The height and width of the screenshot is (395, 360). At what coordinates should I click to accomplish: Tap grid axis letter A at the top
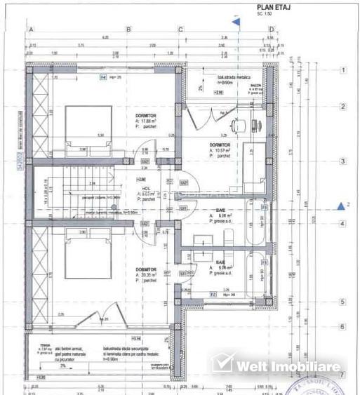[32, 29]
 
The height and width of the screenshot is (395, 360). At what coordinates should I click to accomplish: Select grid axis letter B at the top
[128, 29]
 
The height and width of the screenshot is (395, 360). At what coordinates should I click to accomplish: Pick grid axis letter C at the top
[181, 29]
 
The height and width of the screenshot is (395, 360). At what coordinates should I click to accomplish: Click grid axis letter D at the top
[272, 29]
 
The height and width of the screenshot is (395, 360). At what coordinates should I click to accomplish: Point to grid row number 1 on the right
[342, 71]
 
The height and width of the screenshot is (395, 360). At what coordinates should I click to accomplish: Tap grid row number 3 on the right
[342, 161]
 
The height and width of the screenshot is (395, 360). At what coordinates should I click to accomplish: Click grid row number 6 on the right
[342, 326]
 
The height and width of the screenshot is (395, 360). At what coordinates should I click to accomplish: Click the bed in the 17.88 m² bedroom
[88, 128]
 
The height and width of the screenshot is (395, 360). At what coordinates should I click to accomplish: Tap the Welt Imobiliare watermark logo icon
[222, 363]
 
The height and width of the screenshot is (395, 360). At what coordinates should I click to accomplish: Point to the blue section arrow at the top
[237, 22]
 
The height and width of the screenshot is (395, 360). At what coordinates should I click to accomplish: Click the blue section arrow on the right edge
[342, 206]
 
